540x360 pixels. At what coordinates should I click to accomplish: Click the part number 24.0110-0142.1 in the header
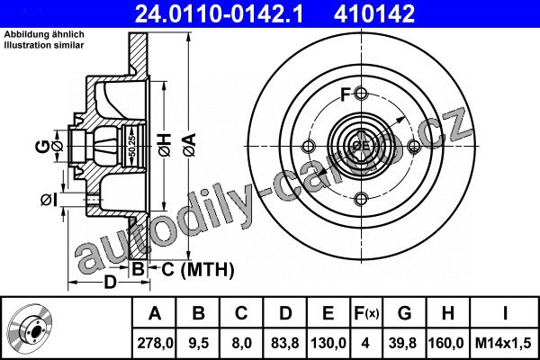click(219, 14)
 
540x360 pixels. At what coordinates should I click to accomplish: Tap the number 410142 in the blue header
click(374, 14)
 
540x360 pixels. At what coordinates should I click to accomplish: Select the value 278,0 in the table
click(155, 343)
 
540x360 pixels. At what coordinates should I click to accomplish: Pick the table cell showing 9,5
click(198, 343)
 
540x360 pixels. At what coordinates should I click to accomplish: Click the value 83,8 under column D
click(285, 343)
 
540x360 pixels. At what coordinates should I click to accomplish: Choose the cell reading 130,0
click(328, 343)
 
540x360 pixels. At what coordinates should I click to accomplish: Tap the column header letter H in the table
click(447, 313)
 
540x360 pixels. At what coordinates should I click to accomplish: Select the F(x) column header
click(366, 313)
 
